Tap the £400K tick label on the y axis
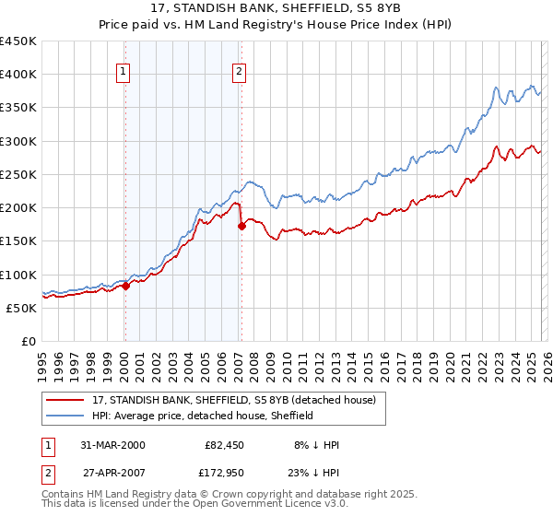pos(18,75)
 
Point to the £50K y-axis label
pos(22,308)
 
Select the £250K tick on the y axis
pos(18,174)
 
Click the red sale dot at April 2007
pos(241,225)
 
